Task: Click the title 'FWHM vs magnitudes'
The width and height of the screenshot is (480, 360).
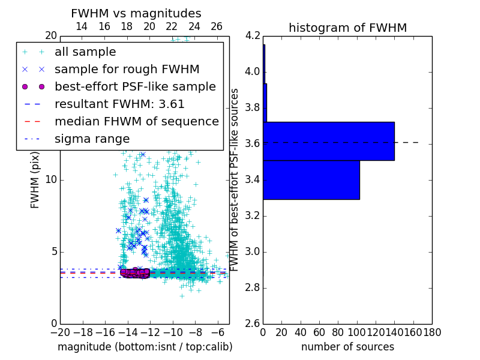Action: tap(136, 13)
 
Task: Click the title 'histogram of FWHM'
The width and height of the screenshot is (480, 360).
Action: tap(347, 28)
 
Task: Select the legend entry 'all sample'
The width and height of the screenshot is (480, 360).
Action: tap(85, 52)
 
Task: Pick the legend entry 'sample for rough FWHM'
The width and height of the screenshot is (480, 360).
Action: tap(127, 69)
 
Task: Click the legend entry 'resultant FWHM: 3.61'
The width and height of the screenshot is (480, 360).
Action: tap(119, 104)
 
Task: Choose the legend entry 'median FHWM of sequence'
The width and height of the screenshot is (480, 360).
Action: tap(136, 121)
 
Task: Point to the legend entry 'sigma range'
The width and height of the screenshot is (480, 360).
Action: tap(92, 139)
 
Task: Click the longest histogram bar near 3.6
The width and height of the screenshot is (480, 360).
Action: tap(329, 141)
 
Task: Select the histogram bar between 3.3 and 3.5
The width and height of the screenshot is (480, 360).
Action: tap(311, 179)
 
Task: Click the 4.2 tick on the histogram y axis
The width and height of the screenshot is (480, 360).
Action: tap(252, 36)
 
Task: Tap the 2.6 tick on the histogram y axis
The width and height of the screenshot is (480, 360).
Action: tap(252, 323)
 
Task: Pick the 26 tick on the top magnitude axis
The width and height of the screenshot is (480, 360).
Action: tap(217, 26)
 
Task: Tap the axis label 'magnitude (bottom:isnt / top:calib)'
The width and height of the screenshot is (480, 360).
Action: tap(145, 347)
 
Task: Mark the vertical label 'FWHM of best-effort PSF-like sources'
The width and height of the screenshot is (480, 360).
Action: tap(235, 179)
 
